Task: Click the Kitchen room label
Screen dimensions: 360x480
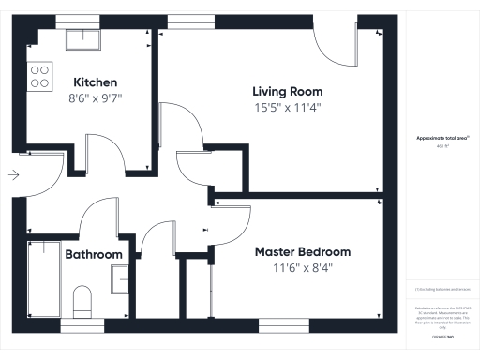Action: point(96,82)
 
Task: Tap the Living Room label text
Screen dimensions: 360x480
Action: point(288,92)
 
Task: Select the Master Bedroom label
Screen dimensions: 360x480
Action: point(303,252)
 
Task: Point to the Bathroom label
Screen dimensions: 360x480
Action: point(94,255)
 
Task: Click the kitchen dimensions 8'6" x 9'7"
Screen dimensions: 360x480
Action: point(96,97)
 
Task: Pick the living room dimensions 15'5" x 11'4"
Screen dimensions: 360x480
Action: point(288,107)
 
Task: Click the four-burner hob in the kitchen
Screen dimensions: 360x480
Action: point(40,76)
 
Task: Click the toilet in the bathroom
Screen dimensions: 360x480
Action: point(82,303)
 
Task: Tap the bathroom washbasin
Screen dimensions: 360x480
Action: point(120,279)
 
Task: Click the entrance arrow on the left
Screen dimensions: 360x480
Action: point(12,173)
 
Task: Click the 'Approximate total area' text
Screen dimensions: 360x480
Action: point(437,138)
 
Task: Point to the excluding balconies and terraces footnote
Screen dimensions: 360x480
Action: point(437,292)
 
